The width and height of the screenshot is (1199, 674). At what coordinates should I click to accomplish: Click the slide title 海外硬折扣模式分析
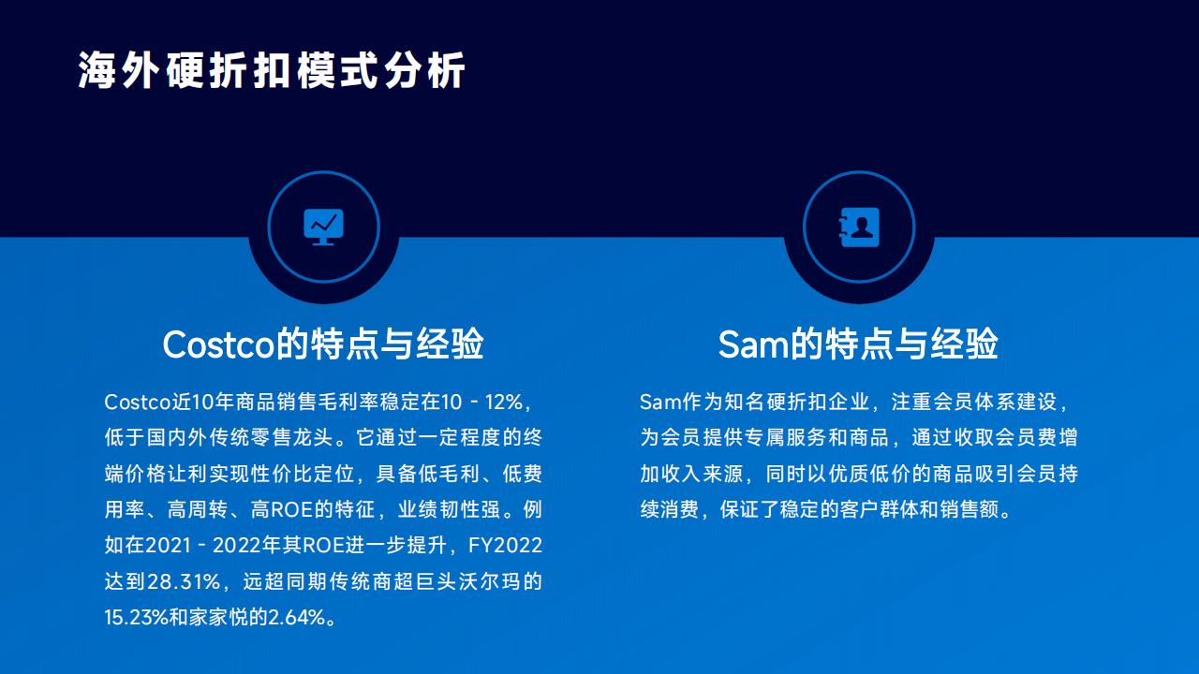pos(272,70)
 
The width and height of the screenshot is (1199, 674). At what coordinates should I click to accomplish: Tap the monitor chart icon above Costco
pos(323,227)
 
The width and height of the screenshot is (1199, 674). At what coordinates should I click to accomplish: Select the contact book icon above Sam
pos(859,227)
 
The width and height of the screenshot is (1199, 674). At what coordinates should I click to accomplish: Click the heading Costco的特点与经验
pos(323,344)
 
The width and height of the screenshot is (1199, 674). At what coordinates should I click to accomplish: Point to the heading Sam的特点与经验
pos(859,344)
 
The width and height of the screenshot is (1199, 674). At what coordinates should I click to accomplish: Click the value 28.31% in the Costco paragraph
pos(184,581)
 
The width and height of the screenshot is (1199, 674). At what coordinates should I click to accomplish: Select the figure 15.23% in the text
pos(137,617)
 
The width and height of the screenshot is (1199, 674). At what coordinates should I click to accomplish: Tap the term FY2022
pos(505,546)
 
